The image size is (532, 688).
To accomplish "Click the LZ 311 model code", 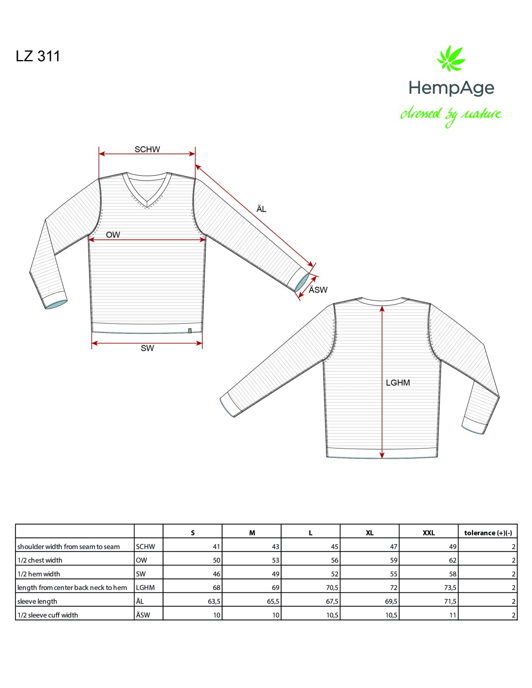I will tap(38, 56).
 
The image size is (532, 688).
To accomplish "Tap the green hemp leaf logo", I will tap(451, 59).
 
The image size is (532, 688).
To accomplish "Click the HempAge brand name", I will tap(451, 88).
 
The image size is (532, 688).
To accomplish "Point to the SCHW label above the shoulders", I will tap(147, 150).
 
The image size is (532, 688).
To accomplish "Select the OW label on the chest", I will tap(113, 235).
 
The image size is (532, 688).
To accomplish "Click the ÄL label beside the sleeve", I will tap(261, 209).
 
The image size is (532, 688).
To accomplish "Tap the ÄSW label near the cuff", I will tap(318, 290).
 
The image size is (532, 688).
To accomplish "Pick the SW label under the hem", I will tap(147, 348).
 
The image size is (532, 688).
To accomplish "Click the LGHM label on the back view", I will tap(398, 383).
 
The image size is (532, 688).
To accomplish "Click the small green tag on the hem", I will tap(190, 331).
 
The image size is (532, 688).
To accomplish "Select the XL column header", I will tap(369, 533).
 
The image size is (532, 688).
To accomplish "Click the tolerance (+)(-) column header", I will tap(488, 533).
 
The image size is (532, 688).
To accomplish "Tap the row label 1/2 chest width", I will tap(40, 560).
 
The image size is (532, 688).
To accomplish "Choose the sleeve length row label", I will tap(37, 601).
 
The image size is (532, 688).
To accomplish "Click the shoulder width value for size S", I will tap(216, 547).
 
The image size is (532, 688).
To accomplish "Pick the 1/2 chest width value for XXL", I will tap(452, 560).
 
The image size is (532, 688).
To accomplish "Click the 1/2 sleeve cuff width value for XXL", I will tap(453, 615).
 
